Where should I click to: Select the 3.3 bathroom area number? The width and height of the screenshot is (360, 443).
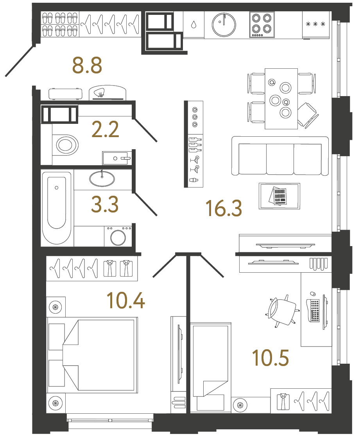105,204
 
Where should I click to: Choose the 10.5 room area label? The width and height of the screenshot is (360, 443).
270,358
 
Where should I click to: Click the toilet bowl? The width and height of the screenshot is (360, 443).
66,145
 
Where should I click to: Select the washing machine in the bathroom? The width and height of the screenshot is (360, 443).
118,236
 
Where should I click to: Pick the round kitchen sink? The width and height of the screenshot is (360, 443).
224,24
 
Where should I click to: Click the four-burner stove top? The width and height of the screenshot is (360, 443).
261,25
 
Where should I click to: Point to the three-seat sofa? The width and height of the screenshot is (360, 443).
280,156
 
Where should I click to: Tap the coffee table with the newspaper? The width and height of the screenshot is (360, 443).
279,195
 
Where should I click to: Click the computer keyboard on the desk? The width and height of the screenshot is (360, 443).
314,311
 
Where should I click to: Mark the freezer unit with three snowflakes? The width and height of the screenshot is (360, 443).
316,25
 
